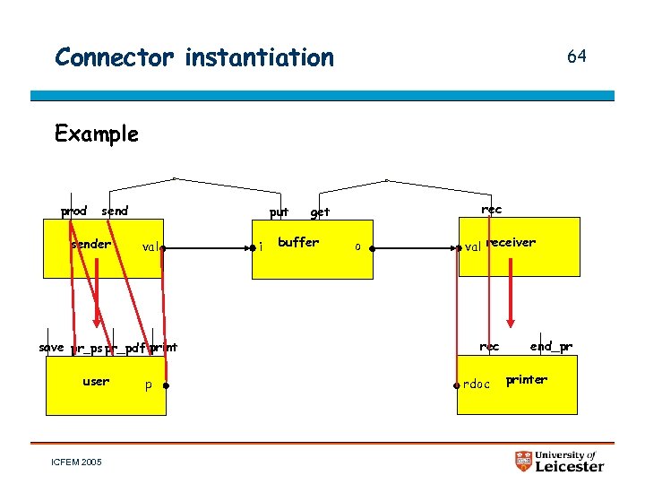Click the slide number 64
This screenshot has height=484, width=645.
point(576,56)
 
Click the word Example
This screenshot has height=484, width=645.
point(96,134)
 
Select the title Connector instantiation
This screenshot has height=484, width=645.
point(193,57)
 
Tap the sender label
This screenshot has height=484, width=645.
point(90,244)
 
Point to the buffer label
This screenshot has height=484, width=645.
point(298,242)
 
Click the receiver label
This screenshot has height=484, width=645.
point(511,242)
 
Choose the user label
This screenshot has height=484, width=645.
point(96,381)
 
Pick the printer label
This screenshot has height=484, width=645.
point(527,379)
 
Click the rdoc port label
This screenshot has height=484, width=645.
point(477,385)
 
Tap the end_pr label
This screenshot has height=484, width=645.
point(551,346)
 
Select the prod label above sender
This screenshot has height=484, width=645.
point(73,212)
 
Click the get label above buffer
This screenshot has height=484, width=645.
point(320,212)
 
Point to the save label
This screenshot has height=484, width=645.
point(51,347)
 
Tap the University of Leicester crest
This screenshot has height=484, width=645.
point(524,462)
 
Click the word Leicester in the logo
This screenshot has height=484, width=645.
point(570,466)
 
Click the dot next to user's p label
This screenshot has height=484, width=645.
point(167,386)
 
